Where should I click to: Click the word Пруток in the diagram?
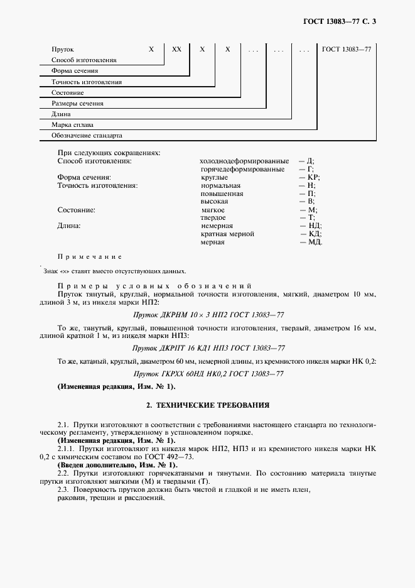coord(63,49)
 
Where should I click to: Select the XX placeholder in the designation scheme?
coord(176,49)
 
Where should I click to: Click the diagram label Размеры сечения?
coord(78,104)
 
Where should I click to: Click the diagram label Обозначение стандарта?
coord(87,136)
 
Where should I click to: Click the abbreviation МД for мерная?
coord(315,242)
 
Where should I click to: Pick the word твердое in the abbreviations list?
coord(213,217)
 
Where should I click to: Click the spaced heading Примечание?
coord(90,257)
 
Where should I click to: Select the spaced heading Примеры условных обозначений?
coord(154,286)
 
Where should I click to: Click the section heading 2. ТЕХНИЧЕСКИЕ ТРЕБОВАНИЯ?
coord(208,405)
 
